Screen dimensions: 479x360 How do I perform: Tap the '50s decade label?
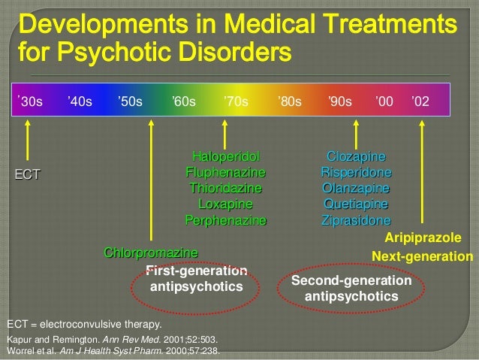pyautogui.click(x=130, y=102)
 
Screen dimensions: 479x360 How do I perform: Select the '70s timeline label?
pyautogui.click(x=236, y=102)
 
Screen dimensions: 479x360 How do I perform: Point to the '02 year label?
pyautogui.click(x=420, y=102)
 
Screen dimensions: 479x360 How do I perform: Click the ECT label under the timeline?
pyautogui.click(x=26, y=174)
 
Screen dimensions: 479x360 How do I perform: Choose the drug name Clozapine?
pyautogui.click(x=356, y=156)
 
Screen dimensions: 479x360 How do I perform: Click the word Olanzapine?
pyautogui.click(x=356, y=188)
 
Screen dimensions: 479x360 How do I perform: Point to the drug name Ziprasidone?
pyautogui.click(x=356, y=221)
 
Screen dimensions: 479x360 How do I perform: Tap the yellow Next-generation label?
pyautogui.click(x=422, y=256)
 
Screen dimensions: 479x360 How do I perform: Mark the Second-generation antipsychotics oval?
pyautogui.click(x=351, y=289)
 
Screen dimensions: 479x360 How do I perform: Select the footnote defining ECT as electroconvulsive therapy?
pyautogui.click(x=84, y=325)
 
